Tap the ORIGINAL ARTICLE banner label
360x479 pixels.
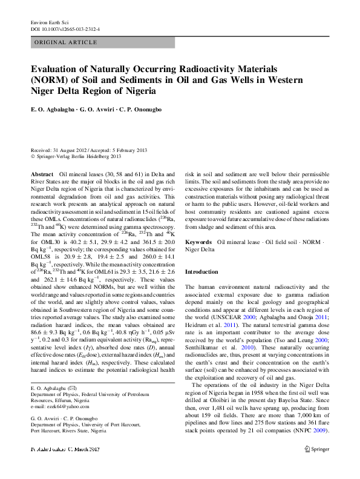67,42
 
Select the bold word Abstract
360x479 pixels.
41,174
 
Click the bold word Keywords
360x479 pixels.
198,242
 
